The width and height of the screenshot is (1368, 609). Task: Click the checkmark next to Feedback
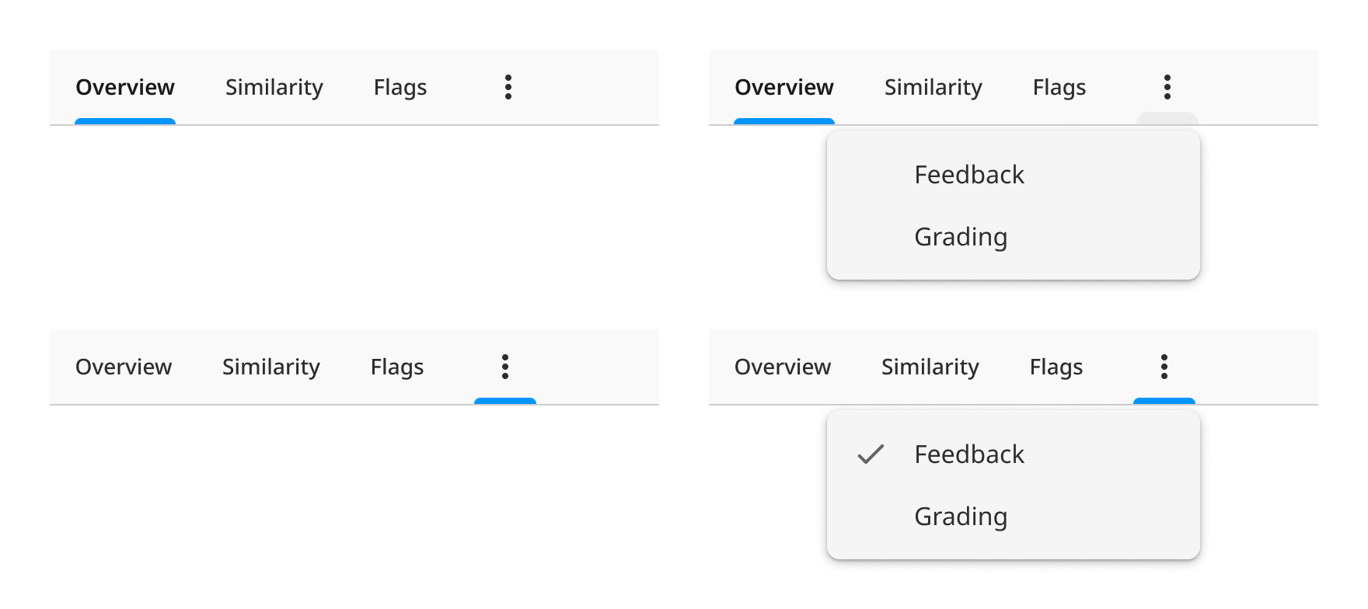[x=871, y=454]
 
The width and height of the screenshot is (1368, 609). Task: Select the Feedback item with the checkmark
[x=969, y=454]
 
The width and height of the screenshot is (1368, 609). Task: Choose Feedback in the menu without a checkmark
[x=969, y=175]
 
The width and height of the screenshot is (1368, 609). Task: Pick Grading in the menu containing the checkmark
[x=961, y=517]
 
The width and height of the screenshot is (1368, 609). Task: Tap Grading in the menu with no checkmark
[x=961, y=237]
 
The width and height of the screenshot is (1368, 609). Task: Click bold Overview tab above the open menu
[x=783, y=87]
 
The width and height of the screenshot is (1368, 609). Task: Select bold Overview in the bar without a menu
[x=125, y=87]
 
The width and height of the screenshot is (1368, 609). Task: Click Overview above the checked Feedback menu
[x=782, y=367]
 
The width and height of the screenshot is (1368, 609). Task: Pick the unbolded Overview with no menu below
[x=124, y=367]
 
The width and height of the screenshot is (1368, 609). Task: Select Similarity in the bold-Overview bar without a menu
[x=274, y=87]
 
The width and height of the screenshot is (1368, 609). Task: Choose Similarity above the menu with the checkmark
[x=930, y=367]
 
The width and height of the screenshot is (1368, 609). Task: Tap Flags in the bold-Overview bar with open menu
[x=1059, y=87]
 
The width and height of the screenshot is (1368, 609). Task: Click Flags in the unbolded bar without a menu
[x=397, y=367]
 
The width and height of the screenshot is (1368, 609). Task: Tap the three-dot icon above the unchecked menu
[x=1167, y=87]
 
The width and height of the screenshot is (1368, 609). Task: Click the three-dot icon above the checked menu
[x=1164, y=367]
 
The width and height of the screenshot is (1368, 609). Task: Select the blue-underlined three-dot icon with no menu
[x=505, y=367]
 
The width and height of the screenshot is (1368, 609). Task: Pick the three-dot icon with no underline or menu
[x=508, y=87]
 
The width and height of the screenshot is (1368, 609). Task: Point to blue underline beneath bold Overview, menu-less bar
[x=125, y=121]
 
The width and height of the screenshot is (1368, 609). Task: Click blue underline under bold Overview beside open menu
[x=783, y=121]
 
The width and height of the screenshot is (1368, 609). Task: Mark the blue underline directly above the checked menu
[x=1164, y=401]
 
